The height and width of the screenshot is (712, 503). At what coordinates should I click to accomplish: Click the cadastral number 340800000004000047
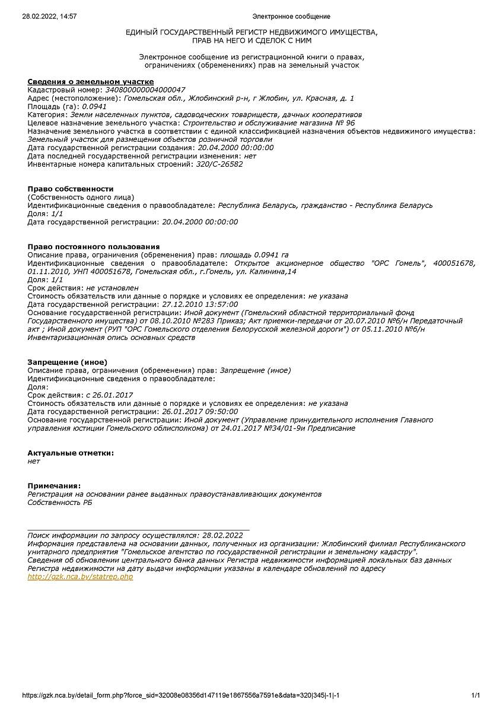coord(145,90)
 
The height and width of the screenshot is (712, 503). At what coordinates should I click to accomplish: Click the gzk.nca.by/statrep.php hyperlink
coord(80,577)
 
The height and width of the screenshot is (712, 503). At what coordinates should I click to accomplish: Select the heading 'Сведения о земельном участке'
coord(91,81)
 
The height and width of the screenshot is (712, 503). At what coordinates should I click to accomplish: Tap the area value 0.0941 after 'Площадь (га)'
coord(94,106)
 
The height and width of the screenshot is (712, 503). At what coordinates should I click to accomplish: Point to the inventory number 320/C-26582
coord(219,164)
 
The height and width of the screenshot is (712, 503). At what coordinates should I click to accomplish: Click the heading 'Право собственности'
coord(71,189)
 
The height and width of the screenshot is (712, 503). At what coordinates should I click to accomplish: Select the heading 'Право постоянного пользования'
coord(94,246)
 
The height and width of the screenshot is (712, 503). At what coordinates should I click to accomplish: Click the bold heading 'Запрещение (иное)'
coord(67,362)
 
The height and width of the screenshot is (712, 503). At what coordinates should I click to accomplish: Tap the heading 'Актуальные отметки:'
coord(71,453)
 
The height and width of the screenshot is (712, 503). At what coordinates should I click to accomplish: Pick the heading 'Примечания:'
coord(54,486)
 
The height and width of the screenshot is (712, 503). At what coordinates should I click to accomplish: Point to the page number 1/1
coord(475,695)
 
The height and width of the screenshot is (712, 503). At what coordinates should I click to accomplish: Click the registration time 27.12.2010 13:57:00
coord(200,304)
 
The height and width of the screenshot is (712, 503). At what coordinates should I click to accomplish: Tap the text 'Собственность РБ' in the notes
coord(60,503)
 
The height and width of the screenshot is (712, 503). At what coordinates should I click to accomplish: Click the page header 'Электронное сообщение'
coord(291,17)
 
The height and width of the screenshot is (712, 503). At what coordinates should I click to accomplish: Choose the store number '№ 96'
coord(344,123)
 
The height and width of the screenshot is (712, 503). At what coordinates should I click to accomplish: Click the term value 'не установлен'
coord(111,287)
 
